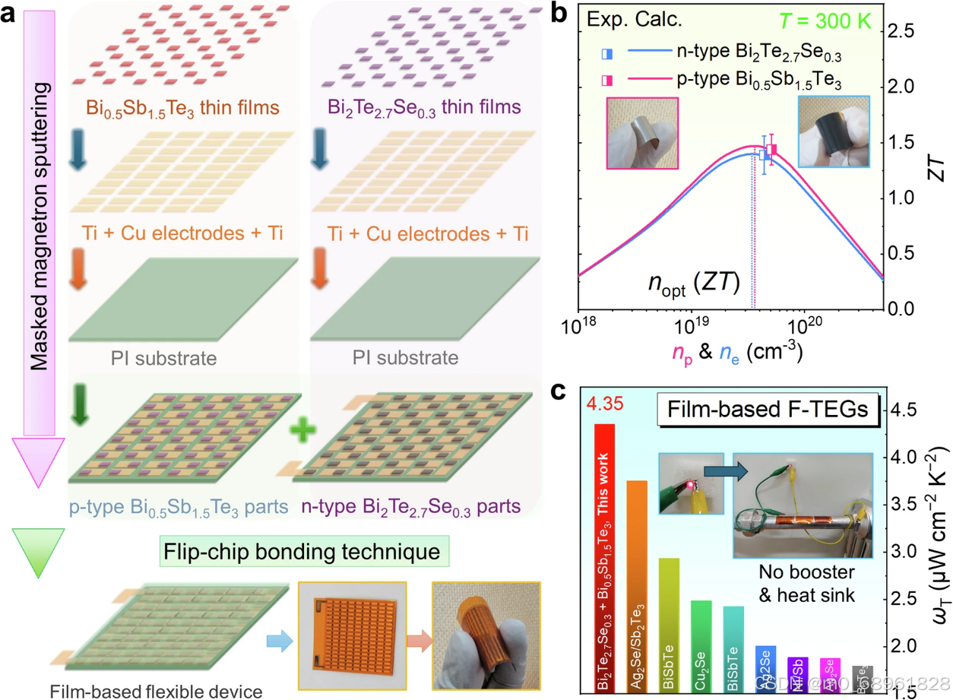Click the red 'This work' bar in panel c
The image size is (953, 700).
(x=604, y=547)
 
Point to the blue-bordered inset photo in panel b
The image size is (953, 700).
(x=832, y=131)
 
